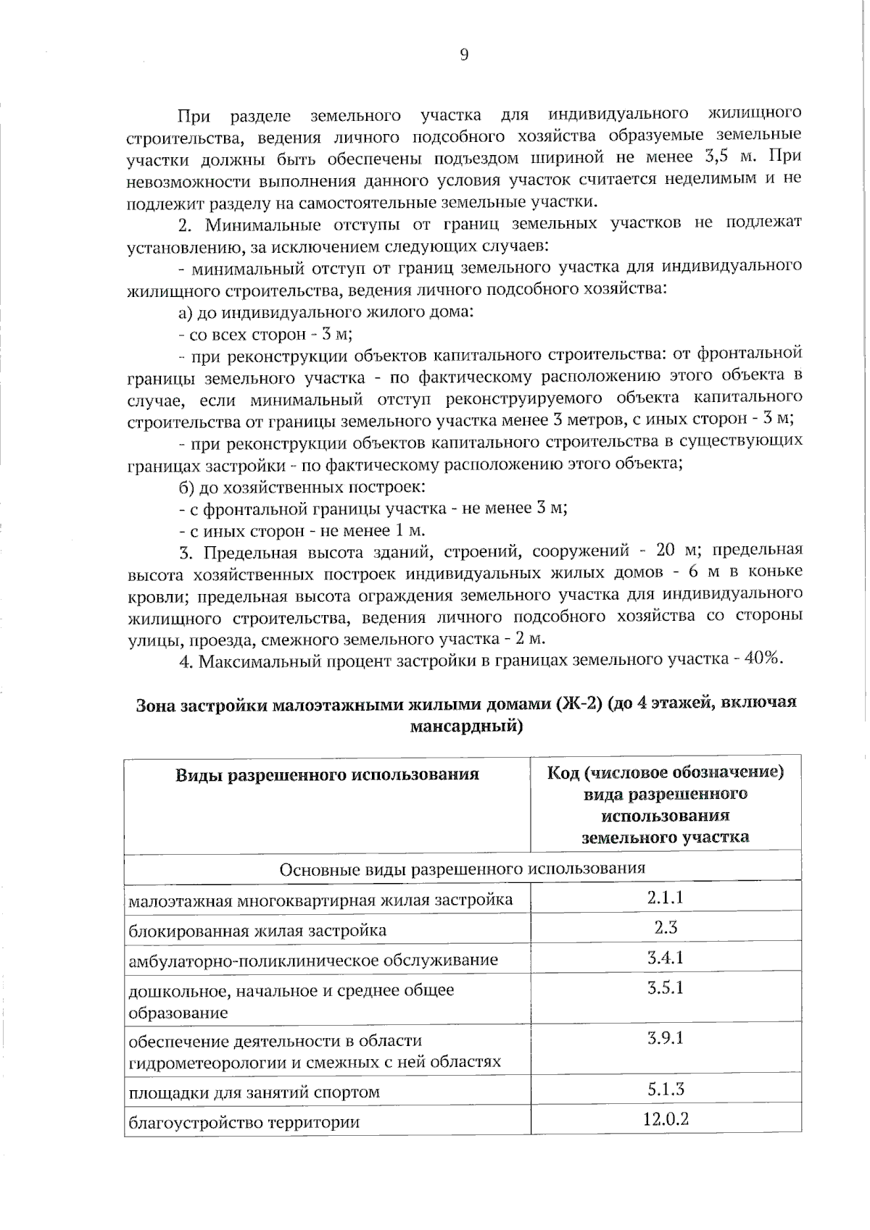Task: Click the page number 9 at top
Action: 464,55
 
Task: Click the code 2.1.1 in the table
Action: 665,898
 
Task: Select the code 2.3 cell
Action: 665,927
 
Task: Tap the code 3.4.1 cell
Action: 665,958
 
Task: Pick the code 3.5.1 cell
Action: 665,987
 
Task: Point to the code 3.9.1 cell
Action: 665,1038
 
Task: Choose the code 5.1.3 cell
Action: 665,1089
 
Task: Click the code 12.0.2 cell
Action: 665,1118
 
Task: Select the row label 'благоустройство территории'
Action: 244,1123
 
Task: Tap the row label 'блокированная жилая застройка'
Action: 257,931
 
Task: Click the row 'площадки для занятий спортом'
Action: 254,1092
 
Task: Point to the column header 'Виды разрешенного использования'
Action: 327,775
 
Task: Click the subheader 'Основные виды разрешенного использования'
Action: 462,868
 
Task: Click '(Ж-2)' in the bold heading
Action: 579,704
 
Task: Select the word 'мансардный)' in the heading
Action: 466,726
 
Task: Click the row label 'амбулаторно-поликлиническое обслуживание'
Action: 313,961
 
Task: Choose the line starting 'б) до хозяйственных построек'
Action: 302,486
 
